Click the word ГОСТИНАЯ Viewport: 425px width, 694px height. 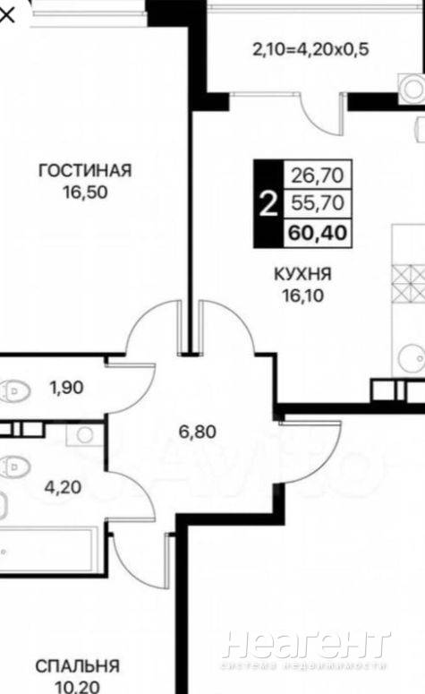[85, 170]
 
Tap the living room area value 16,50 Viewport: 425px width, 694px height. [85, 193]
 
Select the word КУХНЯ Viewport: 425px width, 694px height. [303, 274]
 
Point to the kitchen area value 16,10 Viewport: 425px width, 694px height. [303, 296]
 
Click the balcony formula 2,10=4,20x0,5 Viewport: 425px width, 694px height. [310, 49]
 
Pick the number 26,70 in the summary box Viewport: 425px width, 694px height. [318, 176]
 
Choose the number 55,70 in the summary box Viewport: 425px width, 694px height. [318, 202]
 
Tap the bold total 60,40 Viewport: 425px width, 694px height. [318, 232]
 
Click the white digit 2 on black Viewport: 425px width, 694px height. [268, 203]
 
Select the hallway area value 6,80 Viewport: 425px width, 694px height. [197, 432]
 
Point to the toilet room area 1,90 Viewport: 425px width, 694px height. [67, 388]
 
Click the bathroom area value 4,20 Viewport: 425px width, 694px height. [63, 487]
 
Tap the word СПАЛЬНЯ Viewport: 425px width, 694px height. [77, 666]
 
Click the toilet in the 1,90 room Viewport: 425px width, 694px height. [14, 391]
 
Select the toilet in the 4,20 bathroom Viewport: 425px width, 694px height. [14, 466]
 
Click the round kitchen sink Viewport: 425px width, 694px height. [412, 358]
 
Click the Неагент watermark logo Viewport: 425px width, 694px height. [306, 646]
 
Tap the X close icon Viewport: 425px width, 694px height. [6, 15]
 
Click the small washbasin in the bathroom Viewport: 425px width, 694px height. [84, 434]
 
